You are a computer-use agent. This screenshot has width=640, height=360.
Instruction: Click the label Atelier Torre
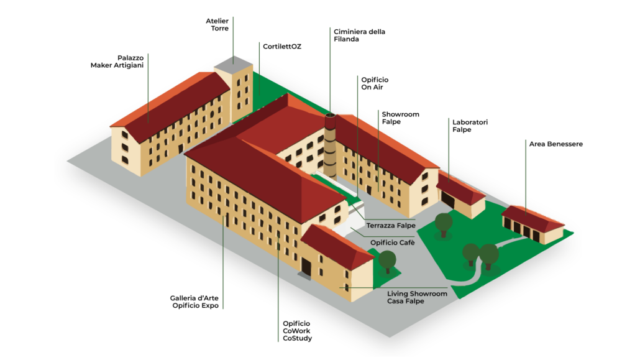[217, 25]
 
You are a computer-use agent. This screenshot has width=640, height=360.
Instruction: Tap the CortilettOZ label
[281, 47]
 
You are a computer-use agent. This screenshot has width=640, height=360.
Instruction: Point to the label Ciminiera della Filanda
[359, 35]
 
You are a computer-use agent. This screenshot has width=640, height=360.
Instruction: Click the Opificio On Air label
[375, 84]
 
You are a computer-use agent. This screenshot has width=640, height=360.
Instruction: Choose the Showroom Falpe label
[400, 118]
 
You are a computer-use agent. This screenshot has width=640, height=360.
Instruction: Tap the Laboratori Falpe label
[470, 126]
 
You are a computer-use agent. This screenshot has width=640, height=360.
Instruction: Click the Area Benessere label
[555, 144]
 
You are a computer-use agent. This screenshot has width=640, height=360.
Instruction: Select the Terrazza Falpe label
[391, 225]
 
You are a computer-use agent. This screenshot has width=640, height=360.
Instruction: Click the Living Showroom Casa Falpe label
[417, 297]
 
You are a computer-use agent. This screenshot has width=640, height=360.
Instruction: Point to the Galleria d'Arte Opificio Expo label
[194, 302]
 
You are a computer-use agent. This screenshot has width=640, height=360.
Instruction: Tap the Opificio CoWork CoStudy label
[297, 331]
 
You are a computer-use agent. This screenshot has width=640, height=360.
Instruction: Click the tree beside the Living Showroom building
[387, 260]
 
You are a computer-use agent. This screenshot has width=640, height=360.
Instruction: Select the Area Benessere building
[533, 224]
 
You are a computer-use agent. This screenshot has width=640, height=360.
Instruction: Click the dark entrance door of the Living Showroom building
[306, 267]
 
